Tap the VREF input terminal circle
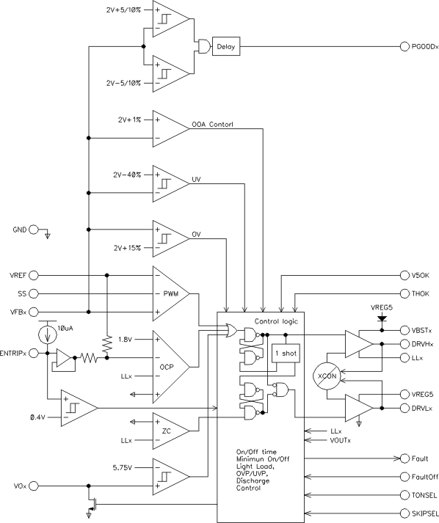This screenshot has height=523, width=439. point(32,276)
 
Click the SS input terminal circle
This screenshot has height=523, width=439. point(32,293)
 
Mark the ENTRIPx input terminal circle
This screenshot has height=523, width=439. point(32,353)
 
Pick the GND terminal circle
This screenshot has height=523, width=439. point(32,230)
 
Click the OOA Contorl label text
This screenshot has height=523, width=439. point(212,125)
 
